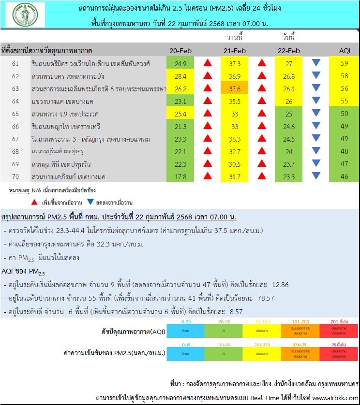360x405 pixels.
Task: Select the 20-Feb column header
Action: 180,51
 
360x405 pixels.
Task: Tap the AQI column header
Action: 344,51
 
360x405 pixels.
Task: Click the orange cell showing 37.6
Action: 234,88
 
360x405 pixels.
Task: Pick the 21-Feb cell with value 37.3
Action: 234,63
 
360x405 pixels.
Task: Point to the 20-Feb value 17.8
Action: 180,177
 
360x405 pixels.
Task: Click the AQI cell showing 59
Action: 344,63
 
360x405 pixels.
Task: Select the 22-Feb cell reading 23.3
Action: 289,177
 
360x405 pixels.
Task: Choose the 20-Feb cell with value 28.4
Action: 180,76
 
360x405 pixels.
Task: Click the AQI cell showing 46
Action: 344,177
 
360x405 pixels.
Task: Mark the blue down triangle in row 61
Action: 316,63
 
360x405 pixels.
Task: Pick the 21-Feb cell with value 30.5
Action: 234,164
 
